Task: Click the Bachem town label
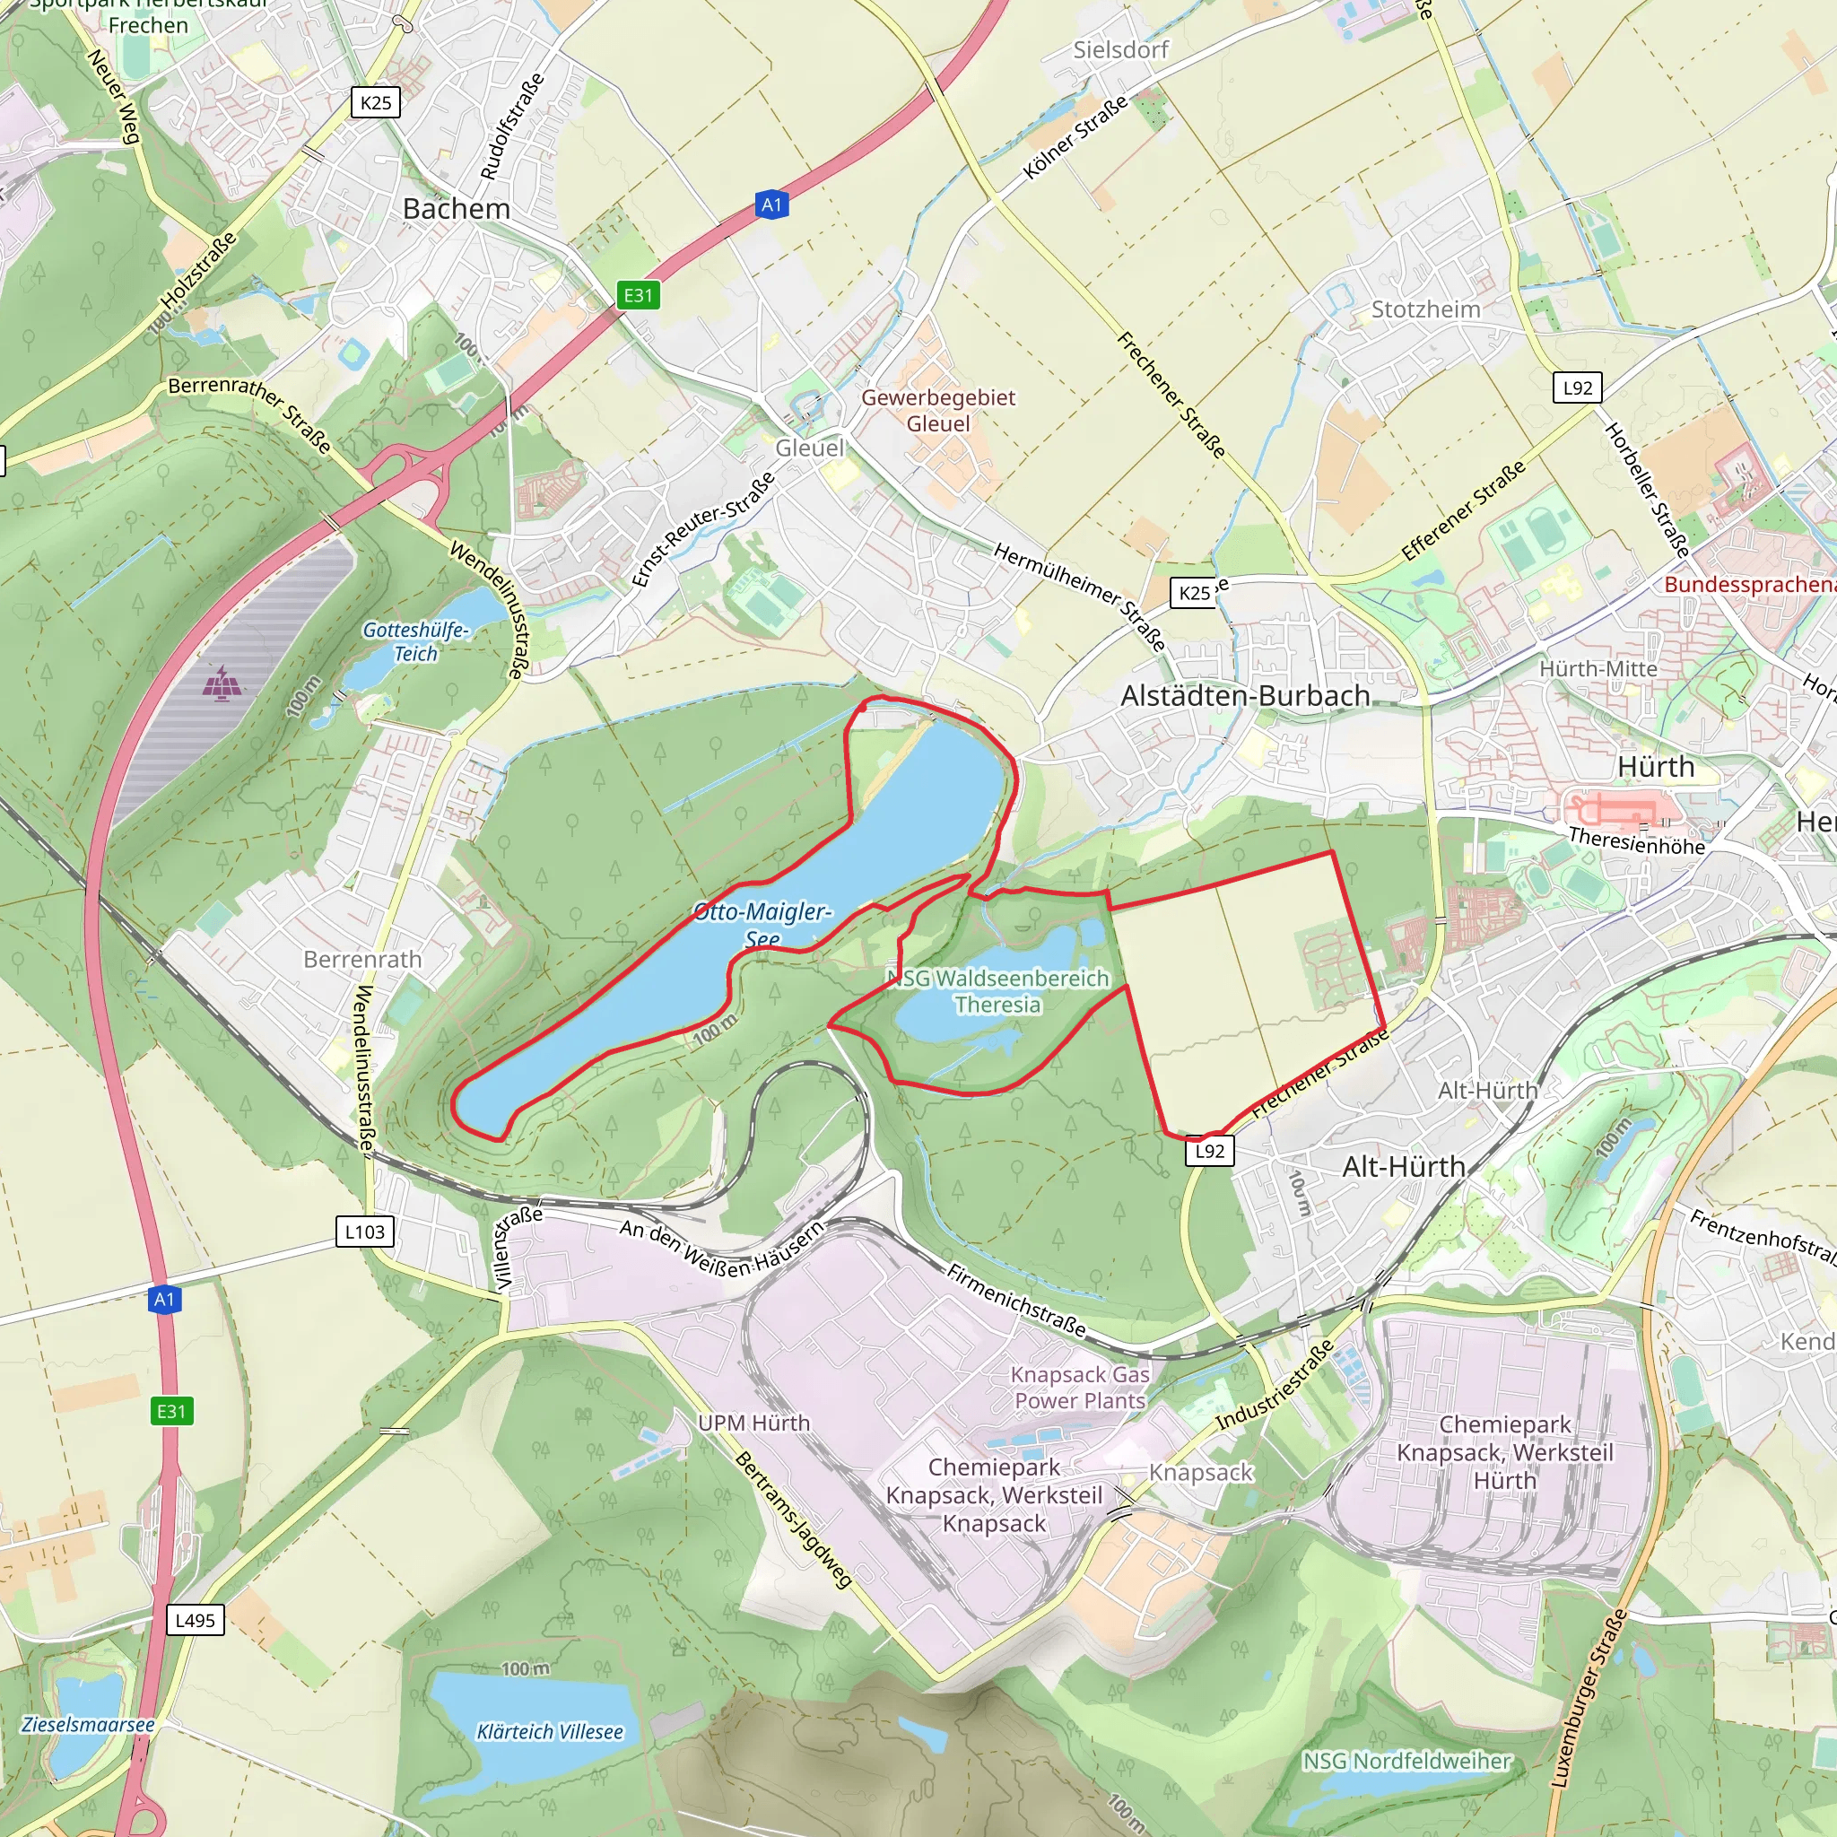point(457,209)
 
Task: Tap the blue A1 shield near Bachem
point(772,205)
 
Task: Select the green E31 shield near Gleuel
point(638,295)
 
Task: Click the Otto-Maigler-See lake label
point(762,924)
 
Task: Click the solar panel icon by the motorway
point(221,683)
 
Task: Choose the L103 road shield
point(365,1232)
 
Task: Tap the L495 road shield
point(196,1620)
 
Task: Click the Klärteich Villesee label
point(550,1731)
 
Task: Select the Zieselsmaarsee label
point(88,1724)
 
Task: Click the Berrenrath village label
point(362,960)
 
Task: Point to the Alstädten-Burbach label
point(1246,696)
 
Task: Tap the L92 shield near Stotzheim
point(1578,387)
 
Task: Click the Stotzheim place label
point(1425,310)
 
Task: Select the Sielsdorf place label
point(1121,50)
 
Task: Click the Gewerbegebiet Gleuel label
point(938,411)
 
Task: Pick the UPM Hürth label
point(754,1423)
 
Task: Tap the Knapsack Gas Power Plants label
point(1080,1388)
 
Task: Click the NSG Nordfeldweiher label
point(1406,1761)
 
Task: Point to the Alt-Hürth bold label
point(1404,1167)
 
